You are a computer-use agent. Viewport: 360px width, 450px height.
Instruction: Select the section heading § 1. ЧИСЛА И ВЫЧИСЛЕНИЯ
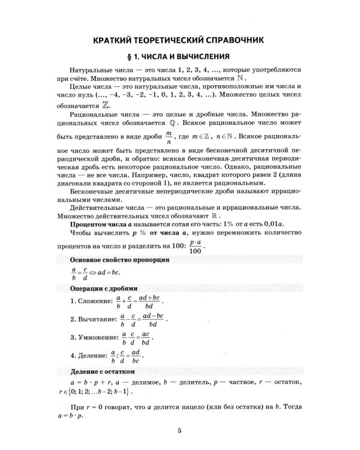179,58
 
